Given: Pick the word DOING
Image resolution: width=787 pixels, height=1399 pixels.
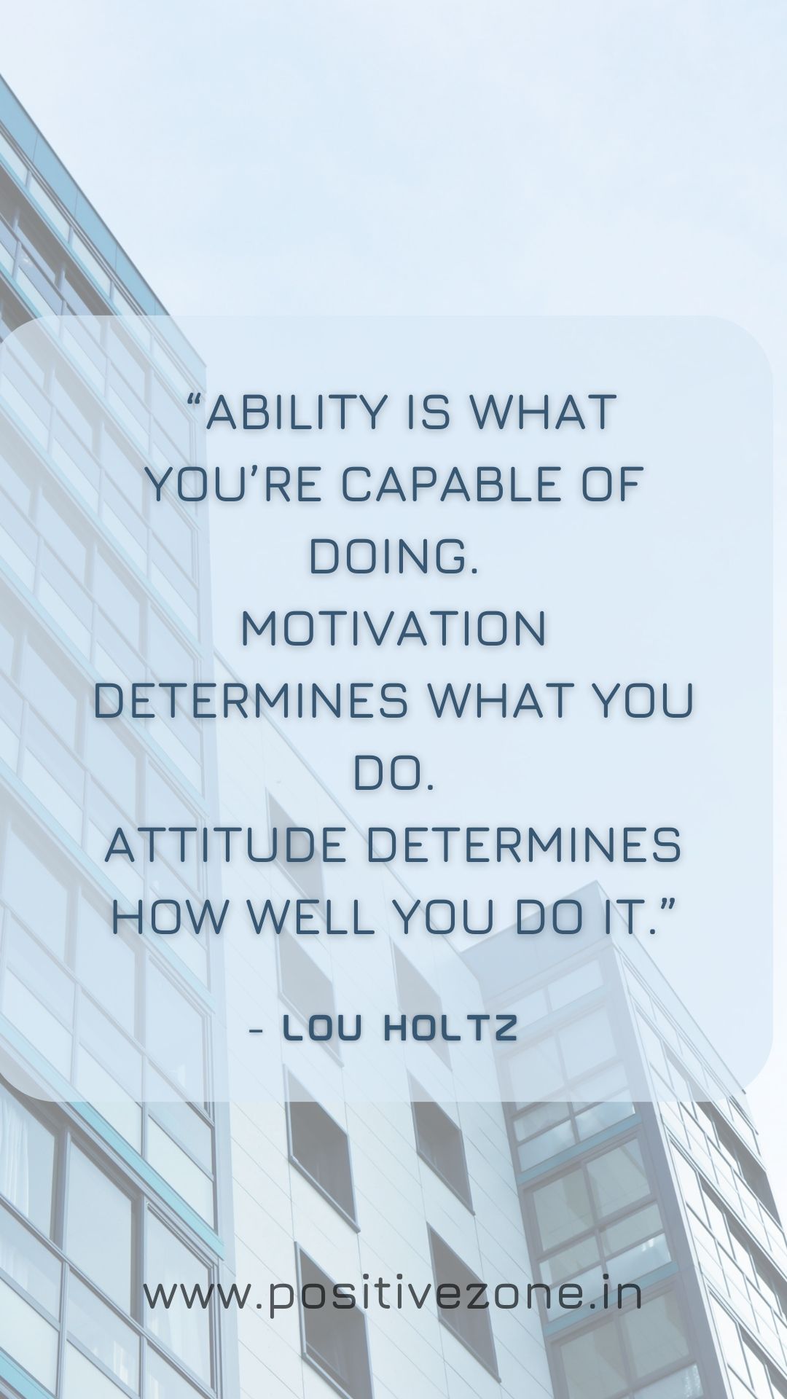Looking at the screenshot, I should tap(393, 557).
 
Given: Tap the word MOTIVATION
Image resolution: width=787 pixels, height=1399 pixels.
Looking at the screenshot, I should tap(393, 629).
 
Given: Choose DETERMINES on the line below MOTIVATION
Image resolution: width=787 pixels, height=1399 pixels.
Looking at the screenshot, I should tap(251, 701).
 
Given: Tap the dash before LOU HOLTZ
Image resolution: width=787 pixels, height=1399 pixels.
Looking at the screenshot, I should tap(256, 1030).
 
